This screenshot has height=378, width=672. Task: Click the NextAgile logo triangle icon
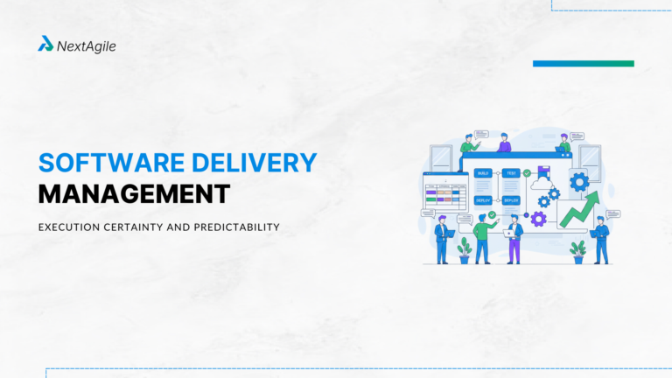click(45, 44)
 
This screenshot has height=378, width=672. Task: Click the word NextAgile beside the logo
click(86, 45)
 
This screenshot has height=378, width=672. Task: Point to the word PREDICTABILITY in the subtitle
click(233, 227)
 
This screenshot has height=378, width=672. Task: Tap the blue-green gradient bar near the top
click(583, 63)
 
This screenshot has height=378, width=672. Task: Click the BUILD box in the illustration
click(482, 173)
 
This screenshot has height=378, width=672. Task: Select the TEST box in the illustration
click(511, 173)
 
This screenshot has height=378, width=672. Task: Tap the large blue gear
click(578, 182)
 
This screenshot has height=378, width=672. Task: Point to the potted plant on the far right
click(577, 251)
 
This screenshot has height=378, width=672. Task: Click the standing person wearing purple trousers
click(514, 240)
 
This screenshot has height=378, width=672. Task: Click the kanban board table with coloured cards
click(444, 193)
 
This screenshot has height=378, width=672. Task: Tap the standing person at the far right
click(601, 239)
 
